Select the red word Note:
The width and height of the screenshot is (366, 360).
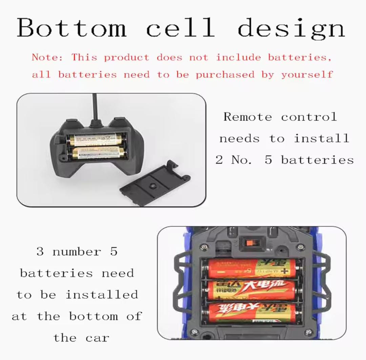coord(47,57)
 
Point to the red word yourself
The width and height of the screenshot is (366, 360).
coord(307,75)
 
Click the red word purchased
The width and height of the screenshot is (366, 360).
coord(225,75)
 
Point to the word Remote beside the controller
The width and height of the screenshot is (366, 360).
coord(247,117)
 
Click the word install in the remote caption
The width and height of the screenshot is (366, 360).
coord(321,138)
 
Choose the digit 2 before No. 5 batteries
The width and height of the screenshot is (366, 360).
coord(219,160)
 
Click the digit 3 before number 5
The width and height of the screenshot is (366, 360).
coord(40,252)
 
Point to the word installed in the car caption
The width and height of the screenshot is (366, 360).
coord(102,295)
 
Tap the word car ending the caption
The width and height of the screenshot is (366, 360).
coord(97,338)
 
